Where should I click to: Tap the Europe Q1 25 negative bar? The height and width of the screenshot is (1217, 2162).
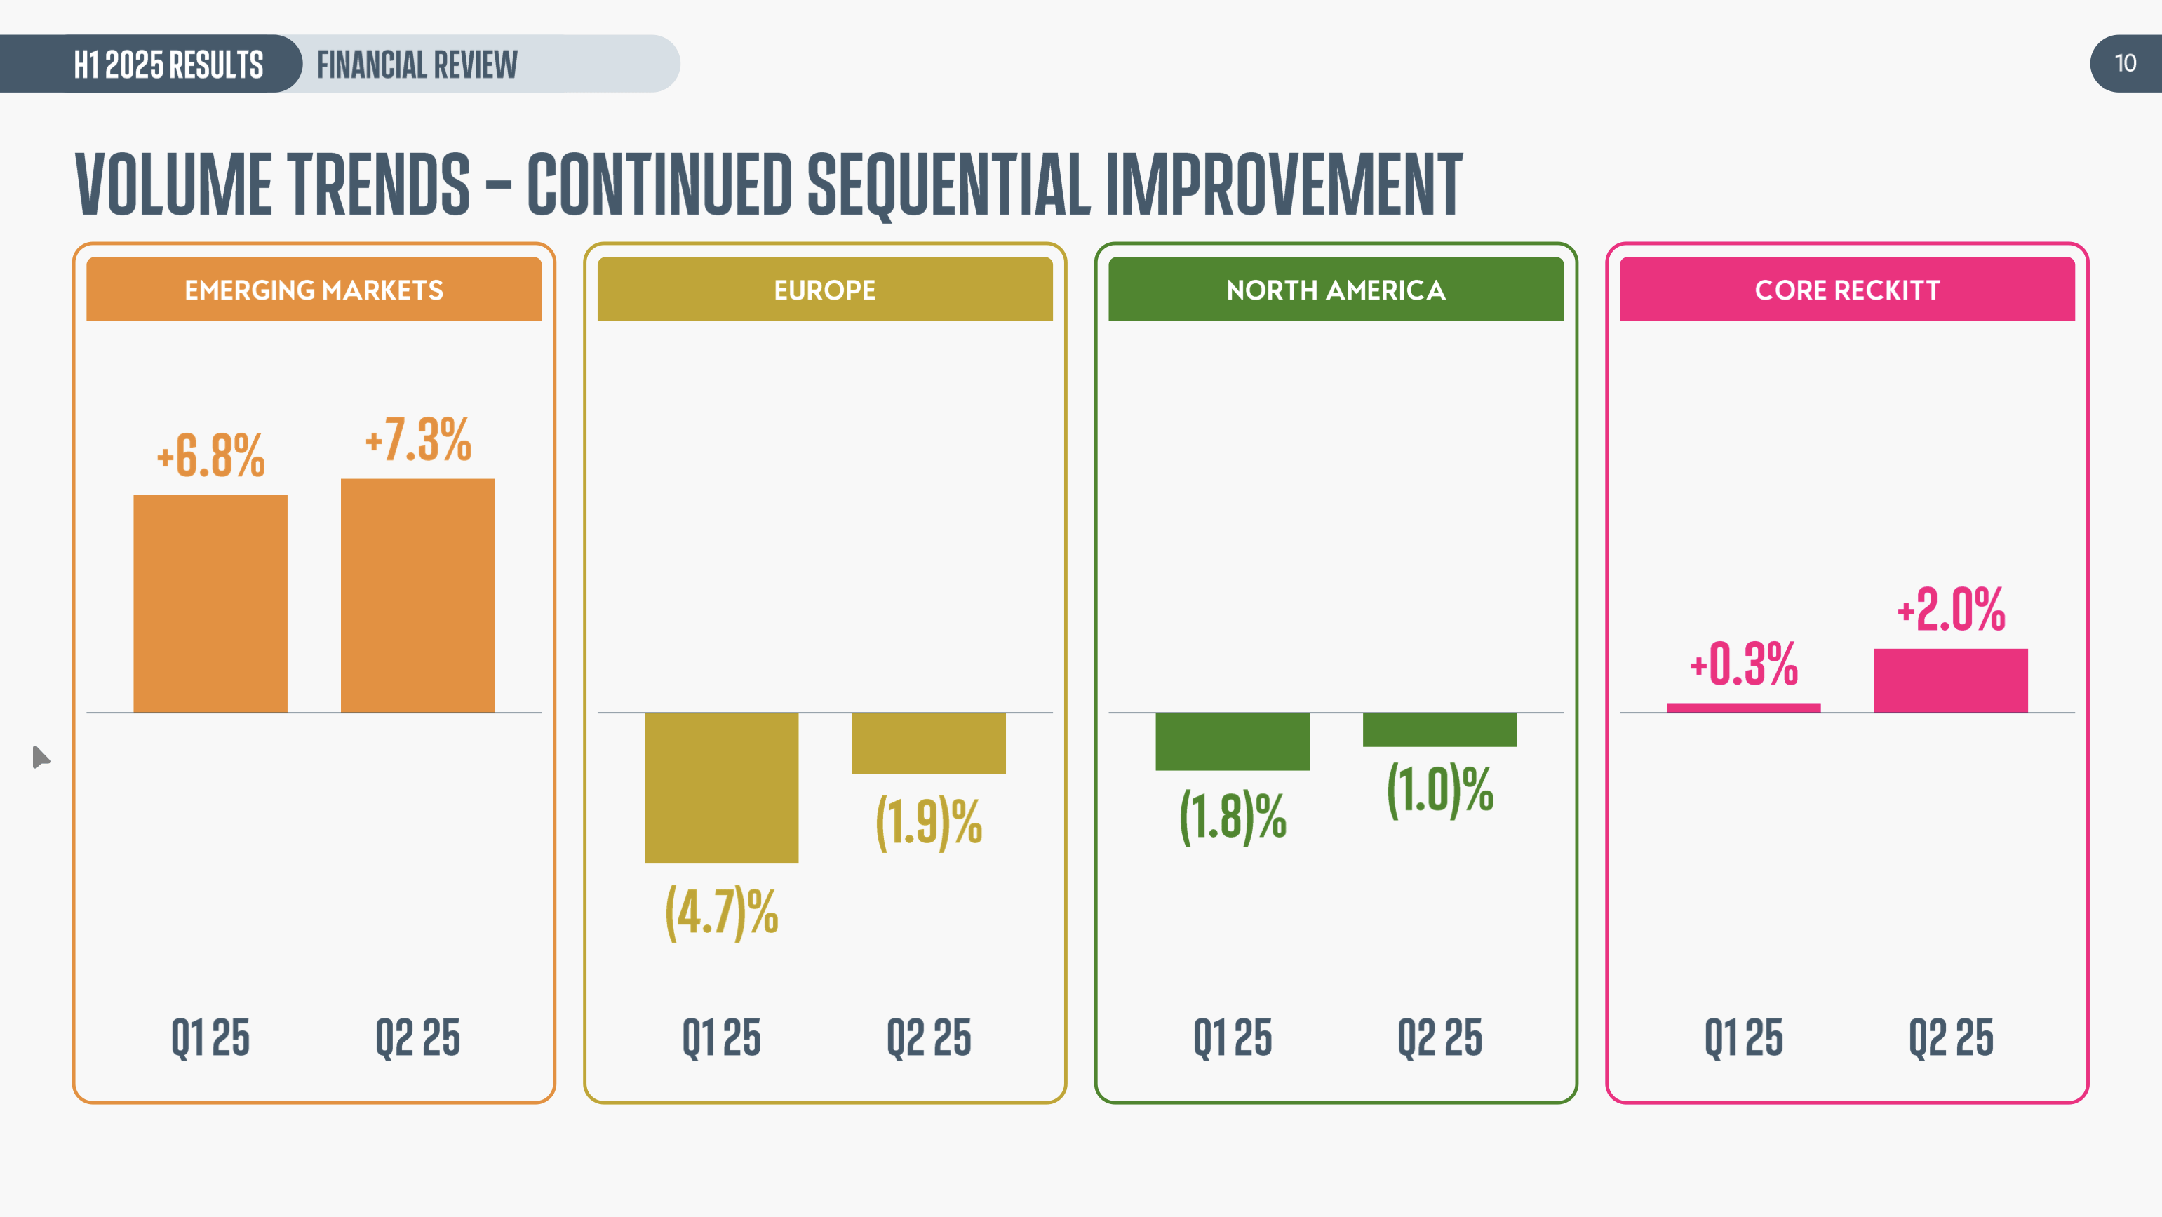(x=721, y=787)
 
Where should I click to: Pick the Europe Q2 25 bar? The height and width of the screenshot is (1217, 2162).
(x=928, y=743)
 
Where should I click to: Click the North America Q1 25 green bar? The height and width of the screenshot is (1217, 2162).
(x=1232, y=741)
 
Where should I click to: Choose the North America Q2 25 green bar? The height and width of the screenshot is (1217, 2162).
(x=1439, y=729)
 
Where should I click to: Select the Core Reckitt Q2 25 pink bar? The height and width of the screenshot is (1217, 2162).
(x=1950, y=680)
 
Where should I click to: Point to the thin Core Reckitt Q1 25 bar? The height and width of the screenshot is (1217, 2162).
(x=1743, y=708)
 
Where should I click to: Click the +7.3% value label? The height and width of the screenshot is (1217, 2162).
(x=418, y=439)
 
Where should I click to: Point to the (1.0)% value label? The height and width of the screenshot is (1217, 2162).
(x=1440, y=790)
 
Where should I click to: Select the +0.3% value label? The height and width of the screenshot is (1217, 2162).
(x=1744, y=664)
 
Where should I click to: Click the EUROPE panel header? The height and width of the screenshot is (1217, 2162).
(x=824, y=290)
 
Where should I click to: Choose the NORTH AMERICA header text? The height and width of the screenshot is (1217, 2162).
(x=1336, y=290)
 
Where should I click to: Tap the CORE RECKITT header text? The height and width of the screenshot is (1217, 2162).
(x=1846, y=290)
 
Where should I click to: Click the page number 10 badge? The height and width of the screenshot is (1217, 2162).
(x=2125, y=63)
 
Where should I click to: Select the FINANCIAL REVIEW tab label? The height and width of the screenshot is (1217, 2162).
(x=417, y=64)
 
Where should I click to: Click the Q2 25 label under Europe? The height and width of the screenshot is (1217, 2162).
(x=928, y=1037)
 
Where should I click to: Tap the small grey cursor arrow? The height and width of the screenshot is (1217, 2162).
(x=40, y=757)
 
